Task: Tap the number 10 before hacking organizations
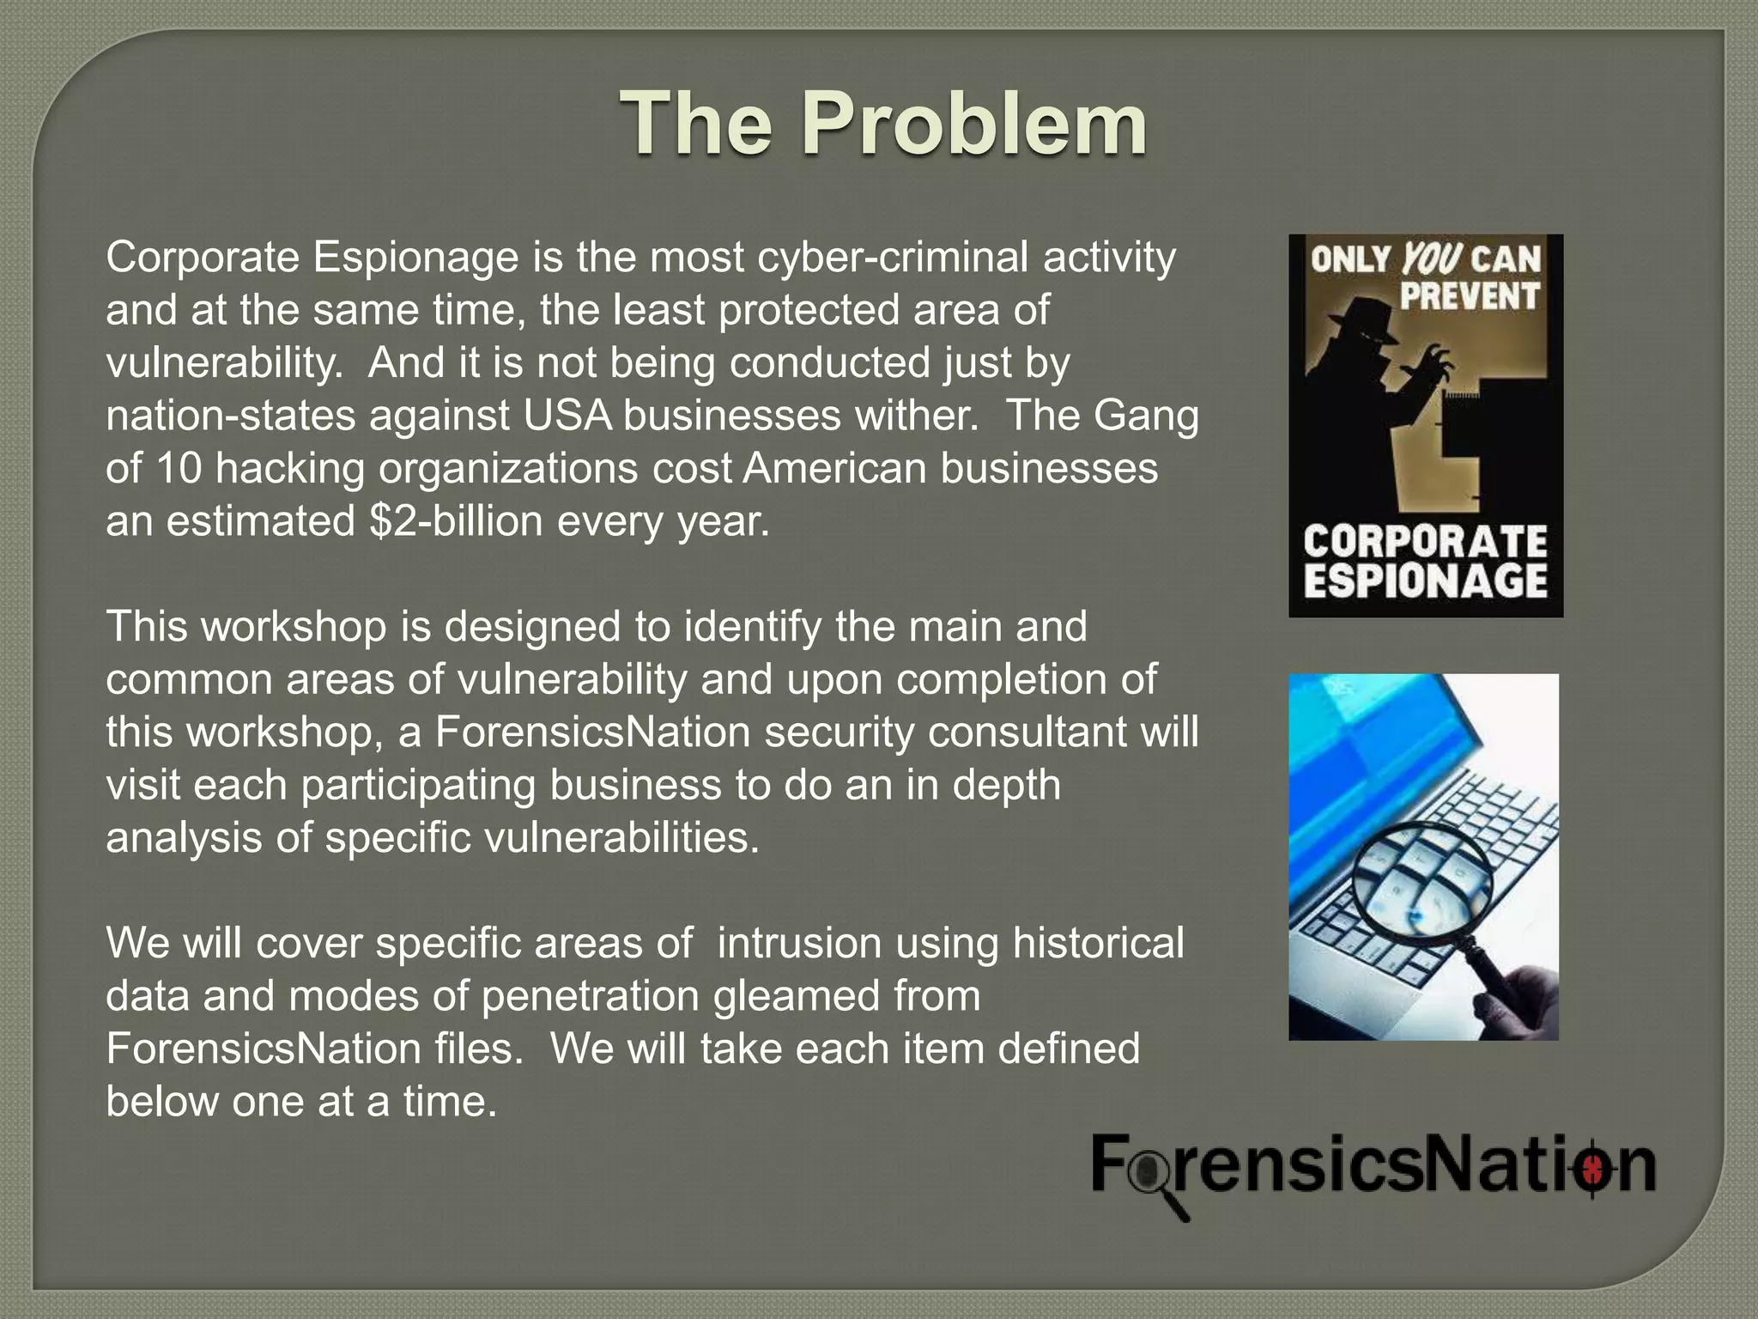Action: click(x=179, y=469)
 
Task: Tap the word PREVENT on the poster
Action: click(x=1470, y=295)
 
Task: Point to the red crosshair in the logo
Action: click(x=1591, y=1168)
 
